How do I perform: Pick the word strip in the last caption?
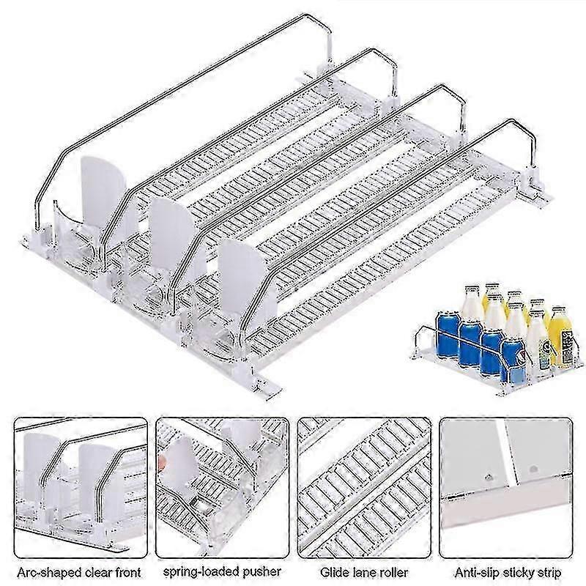tap(549, 571)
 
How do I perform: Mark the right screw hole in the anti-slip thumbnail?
tap(533, 465)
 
